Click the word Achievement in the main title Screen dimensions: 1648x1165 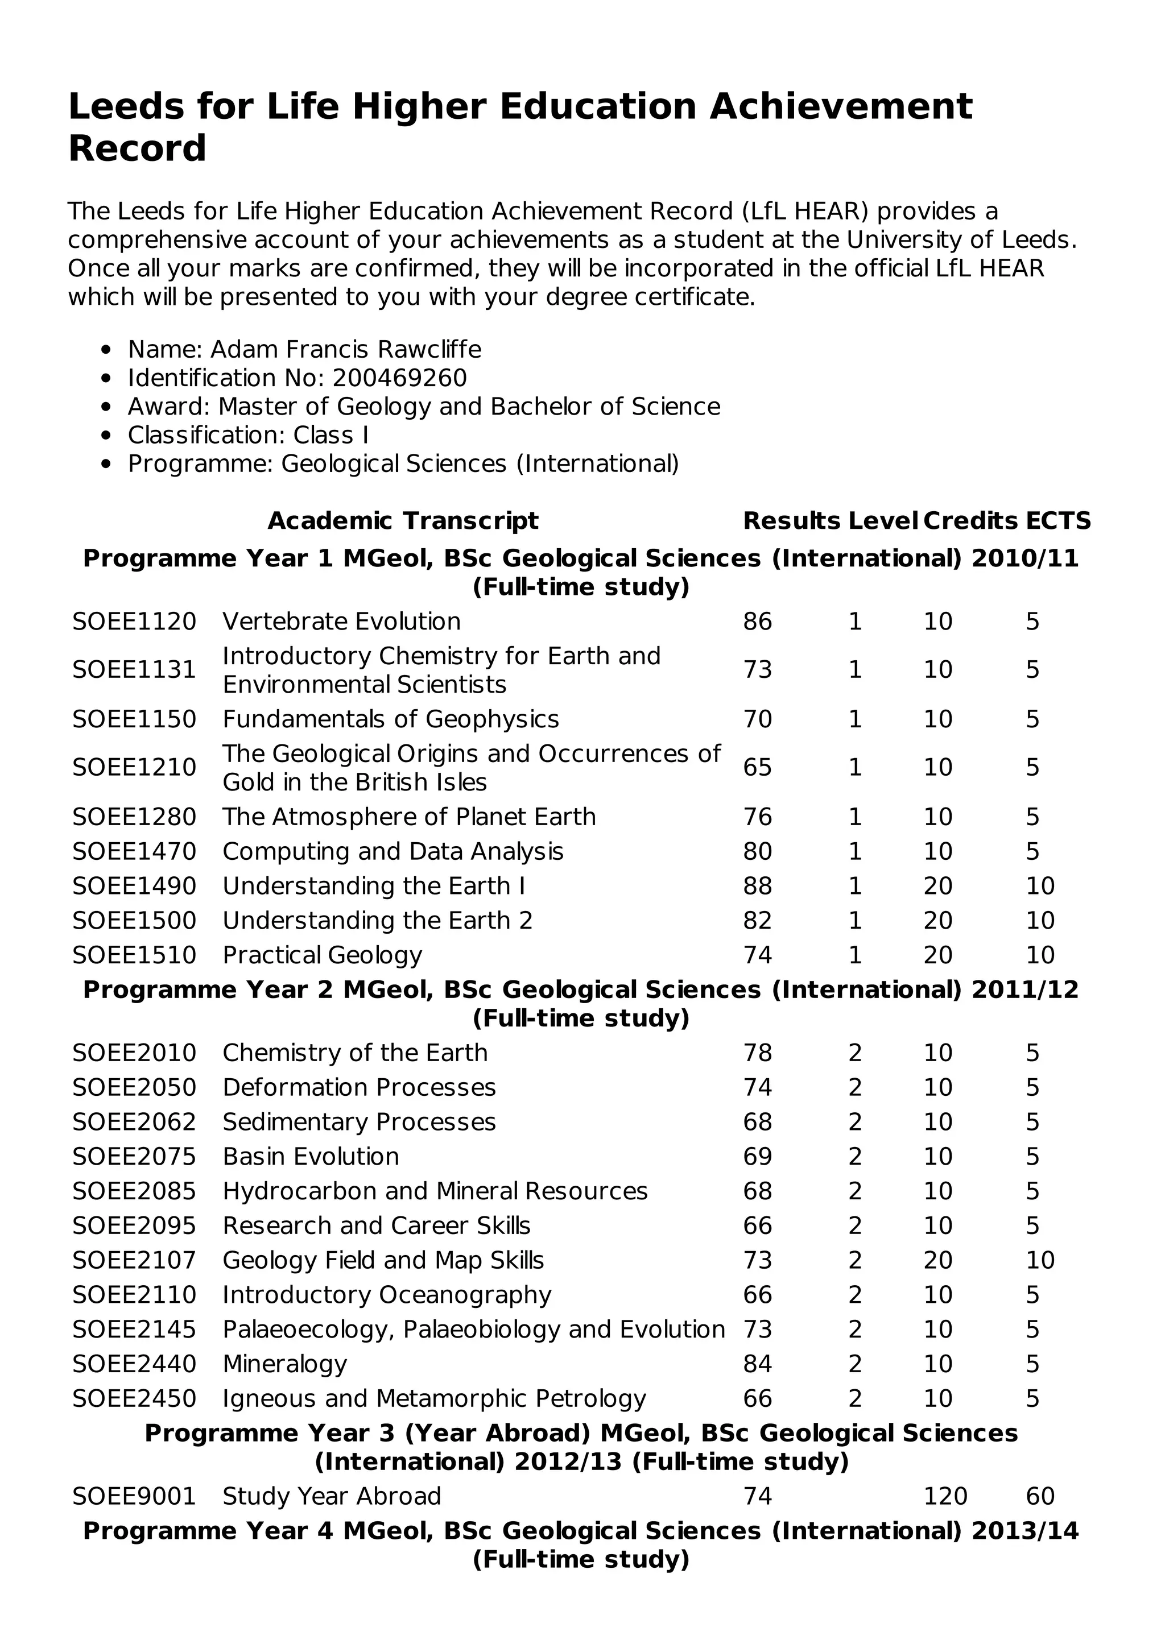coord(840,106)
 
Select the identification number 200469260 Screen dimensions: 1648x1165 coord(399,378)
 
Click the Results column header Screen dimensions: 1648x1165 coord(791,520)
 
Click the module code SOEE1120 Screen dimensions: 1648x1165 coord(134,622)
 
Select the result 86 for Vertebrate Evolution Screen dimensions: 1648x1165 coord(757,622)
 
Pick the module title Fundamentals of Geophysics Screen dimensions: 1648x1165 coord(390,719)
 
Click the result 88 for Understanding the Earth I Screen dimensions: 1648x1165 coord(757,886)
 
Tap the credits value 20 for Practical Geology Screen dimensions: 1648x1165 coord(937,955)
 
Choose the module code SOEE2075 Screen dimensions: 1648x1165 coord(134,1156)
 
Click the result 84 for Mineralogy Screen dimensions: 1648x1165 coord(757,1364)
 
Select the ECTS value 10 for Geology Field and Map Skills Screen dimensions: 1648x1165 coord(1039,1260)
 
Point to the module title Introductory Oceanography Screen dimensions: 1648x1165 coord(387,1294)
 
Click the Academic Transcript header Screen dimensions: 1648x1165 coord(403,520)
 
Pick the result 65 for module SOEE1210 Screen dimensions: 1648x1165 coord(757,767)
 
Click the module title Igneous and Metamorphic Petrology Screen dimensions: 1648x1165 coord(434,1398)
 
